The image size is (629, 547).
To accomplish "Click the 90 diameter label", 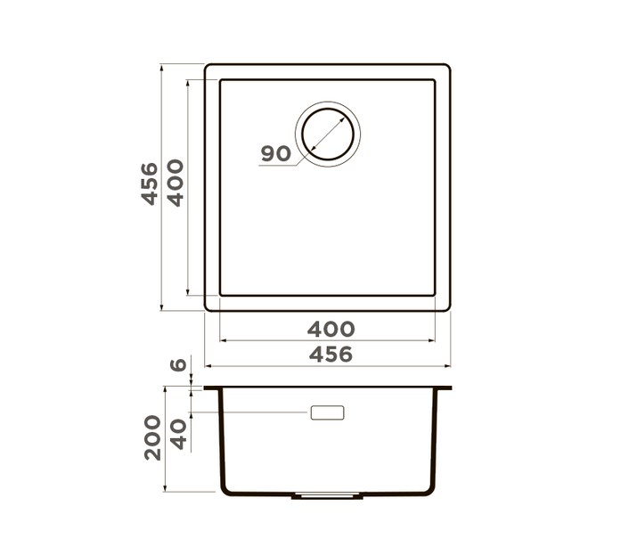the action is coord(275,153).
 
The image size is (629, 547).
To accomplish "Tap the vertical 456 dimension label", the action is coord(150,184).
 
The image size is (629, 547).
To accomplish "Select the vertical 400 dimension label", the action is coord(176,183).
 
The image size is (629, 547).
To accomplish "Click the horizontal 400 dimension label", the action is coord(331,330).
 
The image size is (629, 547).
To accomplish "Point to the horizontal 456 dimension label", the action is coord(331,355).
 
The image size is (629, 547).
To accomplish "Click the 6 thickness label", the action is coord(178,364).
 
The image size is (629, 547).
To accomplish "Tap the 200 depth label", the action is coord(153,438).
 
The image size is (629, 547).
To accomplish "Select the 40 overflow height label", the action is coord(178,435).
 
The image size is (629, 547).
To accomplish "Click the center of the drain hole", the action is coord(328,134).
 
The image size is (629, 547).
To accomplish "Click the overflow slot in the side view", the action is coord(327,412).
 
